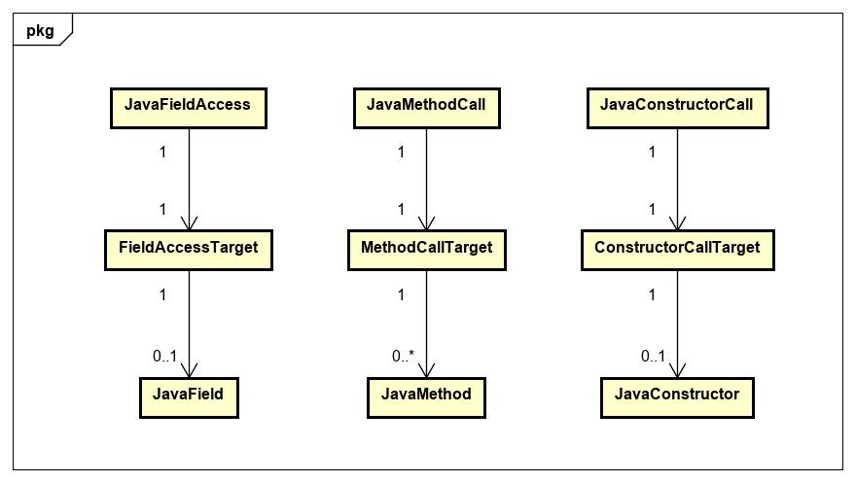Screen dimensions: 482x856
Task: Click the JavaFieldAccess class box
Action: click(188, 106)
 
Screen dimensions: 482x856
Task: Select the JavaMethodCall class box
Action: click(426, 106)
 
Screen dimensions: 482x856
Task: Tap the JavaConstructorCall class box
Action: click(677, 106)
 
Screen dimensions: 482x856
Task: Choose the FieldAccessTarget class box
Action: click(188, 249)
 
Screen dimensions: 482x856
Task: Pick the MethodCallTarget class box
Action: click(426, 249)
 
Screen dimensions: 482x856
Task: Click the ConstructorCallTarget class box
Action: click(677, 249)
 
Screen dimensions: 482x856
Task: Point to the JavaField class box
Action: click(188, 396)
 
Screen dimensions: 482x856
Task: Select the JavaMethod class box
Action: click(426, 396)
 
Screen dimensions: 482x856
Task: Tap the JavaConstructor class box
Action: click(677, 396)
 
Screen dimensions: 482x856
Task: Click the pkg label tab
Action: click(40, 30)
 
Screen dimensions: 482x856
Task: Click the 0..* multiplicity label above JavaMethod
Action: click(403, 357)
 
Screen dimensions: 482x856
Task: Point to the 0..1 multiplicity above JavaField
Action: click(164, 357)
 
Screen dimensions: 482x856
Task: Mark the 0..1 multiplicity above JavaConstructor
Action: click(653, 357)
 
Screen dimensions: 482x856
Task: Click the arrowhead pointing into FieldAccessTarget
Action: click(188, 223)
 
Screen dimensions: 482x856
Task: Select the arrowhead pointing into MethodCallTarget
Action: click(426, 223)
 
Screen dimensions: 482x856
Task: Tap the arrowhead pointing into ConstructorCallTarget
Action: click(677, 223)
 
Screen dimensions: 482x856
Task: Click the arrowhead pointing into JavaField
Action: click(188, 369)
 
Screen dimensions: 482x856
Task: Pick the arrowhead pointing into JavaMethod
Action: click(426, 369)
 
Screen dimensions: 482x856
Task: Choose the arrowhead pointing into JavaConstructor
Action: click(677, 369)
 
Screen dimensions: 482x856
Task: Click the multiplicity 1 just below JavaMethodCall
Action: click(401, 153)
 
